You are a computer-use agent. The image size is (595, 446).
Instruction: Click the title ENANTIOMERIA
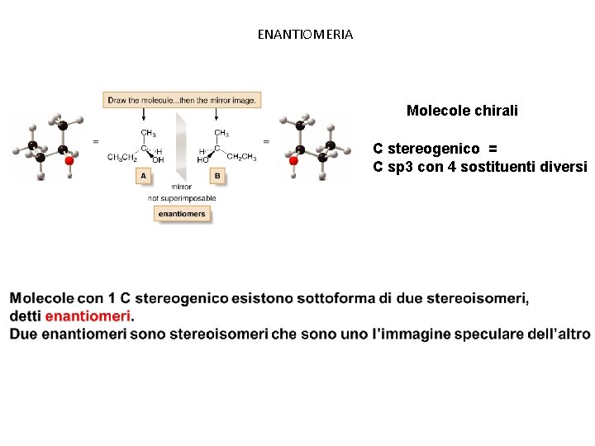(305, 35)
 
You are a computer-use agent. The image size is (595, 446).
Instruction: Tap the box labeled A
(144, 176)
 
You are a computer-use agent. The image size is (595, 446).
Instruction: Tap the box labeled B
(217, 176)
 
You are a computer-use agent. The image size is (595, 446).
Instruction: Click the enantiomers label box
(182, 214)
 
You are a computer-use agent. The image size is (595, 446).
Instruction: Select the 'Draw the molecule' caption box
(182, 100)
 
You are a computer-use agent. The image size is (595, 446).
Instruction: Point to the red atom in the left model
(70, 162)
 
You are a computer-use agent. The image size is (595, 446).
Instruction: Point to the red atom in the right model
(293, 162)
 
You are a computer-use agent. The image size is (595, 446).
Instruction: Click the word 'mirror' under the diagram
(181, 187)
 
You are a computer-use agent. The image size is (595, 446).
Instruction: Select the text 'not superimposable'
(182, 198)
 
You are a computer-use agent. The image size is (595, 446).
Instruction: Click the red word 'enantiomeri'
(88, 316)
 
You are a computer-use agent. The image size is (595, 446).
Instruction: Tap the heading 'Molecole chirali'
(462, 111)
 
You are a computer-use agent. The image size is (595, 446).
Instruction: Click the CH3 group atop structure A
(149, 132)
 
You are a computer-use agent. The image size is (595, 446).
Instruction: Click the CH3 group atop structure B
(221, 132)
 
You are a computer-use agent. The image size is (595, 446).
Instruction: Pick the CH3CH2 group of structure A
(122, 157)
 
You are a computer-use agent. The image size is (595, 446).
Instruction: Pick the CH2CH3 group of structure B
(241, 156)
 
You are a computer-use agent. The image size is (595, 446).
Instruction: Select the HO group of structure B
(203, 160)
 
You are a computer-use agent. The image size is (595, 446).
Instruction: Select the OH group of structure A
(158, 160)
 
